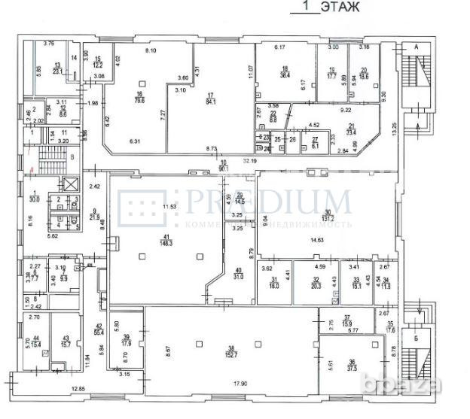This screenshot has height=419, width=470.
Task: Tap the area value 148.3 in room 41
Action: [x=164, y=243]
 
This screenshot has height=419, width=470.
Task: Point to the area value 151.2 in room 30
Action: [x=327, y=220]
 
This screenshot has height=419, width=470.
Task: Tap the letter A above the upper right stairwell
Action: [x=415, y=46]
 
